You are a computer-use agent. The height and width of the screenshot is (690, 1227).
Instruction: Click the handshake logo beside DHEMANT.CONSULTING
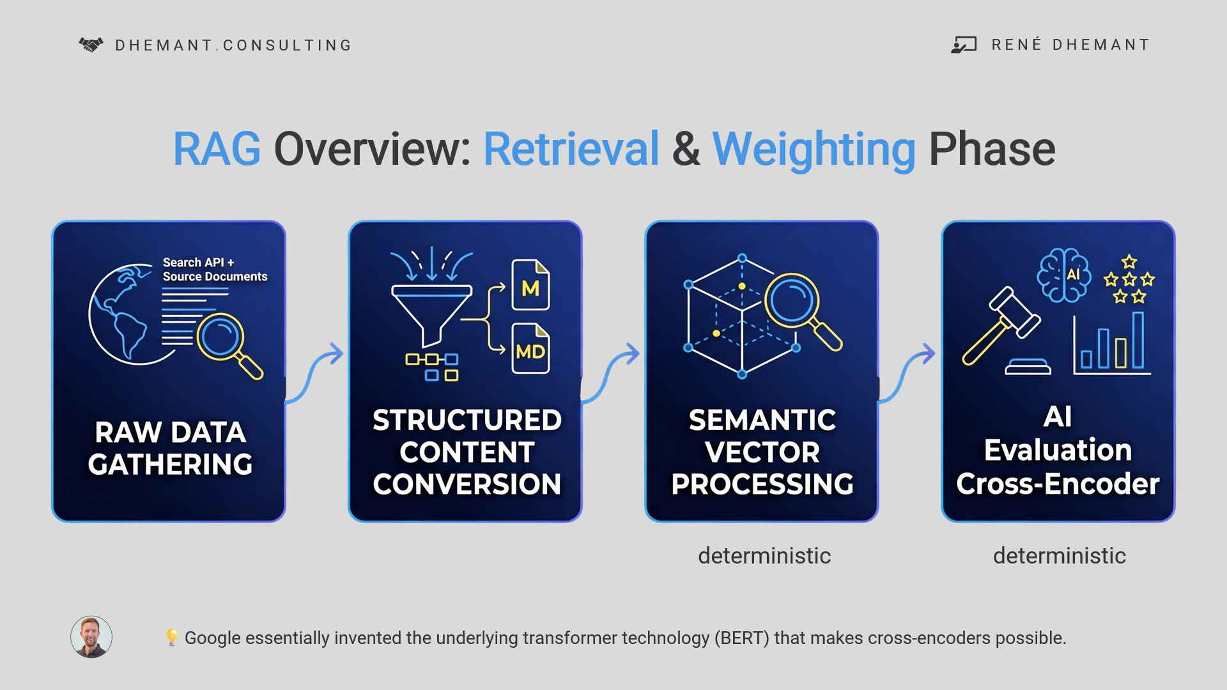91,45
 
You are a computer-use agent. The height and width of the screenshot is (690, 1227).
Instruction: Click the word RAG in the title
217,149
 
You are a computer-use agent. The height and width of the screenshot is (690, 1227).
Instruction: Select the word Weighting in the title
814,149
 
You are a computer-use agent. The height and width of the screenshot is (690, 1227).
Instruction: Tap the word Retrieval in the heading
571,149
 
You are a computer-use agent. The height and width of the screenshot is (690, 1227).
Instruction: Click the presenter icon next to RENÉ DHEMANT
964,45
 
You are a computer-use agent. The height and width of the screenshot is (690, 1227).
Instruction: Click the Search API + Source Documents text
215,270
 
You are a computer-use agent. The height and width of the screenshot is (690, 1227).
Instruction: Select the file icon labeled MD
530,349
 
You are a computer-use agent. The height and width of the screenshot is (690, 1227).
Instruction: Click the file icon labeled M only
530,285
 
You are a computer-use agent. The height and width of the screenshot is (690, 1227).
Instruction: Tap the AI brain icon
1064,275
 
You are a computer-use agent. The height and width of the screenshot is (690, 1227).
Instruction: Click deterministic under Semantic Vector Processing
764,556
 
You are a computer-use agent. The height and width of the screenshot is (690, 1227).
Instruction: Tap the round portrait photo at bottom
91,637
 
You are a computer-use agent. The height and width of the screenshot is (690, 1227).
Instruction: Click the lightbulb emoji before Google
171,637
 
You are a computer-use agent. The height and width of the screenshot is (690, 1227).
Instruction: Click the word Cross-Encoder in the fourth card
1058,484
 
